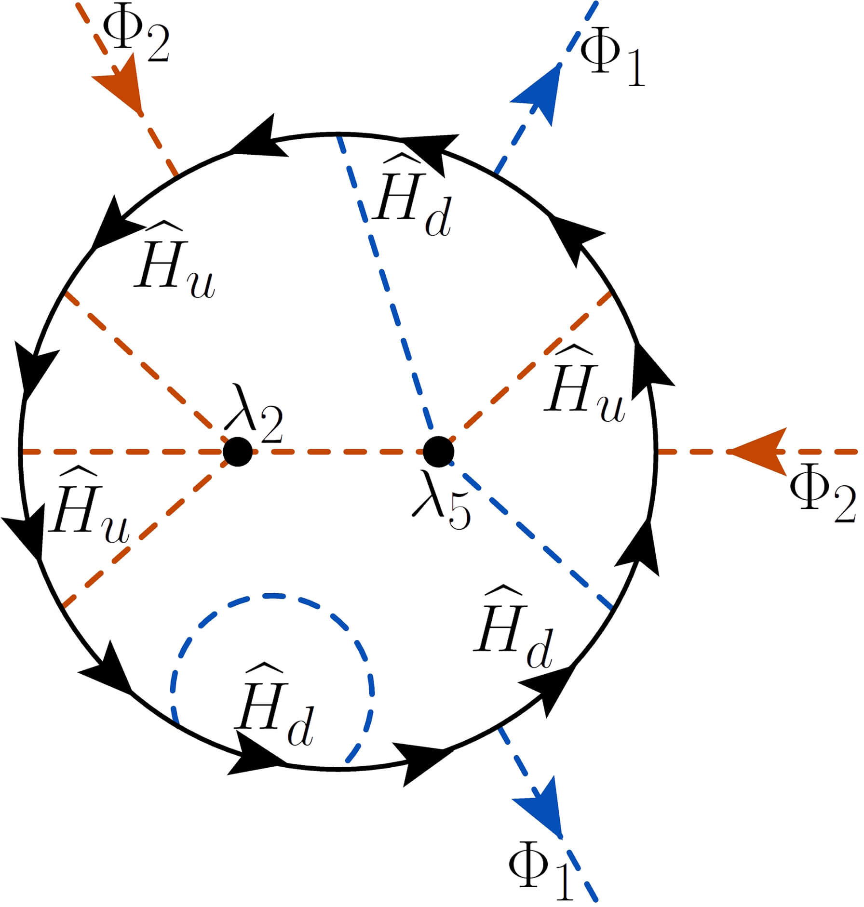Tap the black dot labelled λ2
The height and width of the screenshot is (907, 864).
[x=238, y=452]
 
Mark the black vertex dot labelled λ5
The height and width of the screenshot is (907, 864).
[x=438, y=452]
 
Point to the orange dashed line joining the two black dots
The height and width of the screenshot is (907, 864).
[x=337, y=452]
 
